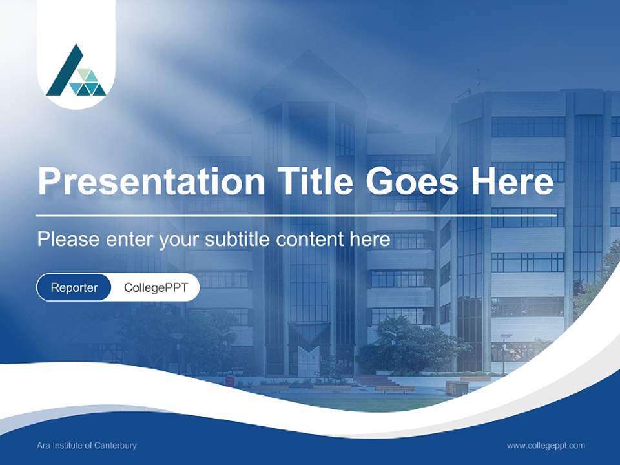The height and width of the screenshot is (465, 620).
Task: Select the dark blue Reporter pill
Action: pyautogui.click(x=74, y=287)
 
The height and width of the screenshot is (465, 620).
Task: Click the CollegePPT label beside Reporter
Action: pyautogui.click(x=156, y=287)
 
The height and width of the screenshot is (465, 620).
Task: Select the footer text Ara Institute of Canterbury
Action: pyautogui.click(x=87, y=446)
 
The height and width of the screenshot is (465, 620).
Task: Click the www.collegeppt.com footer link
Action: pyautogui.click(x=546, y=446)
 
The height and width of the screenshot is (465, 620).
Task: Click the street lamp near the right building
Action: pyautogui.click(x=504, y=352)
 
